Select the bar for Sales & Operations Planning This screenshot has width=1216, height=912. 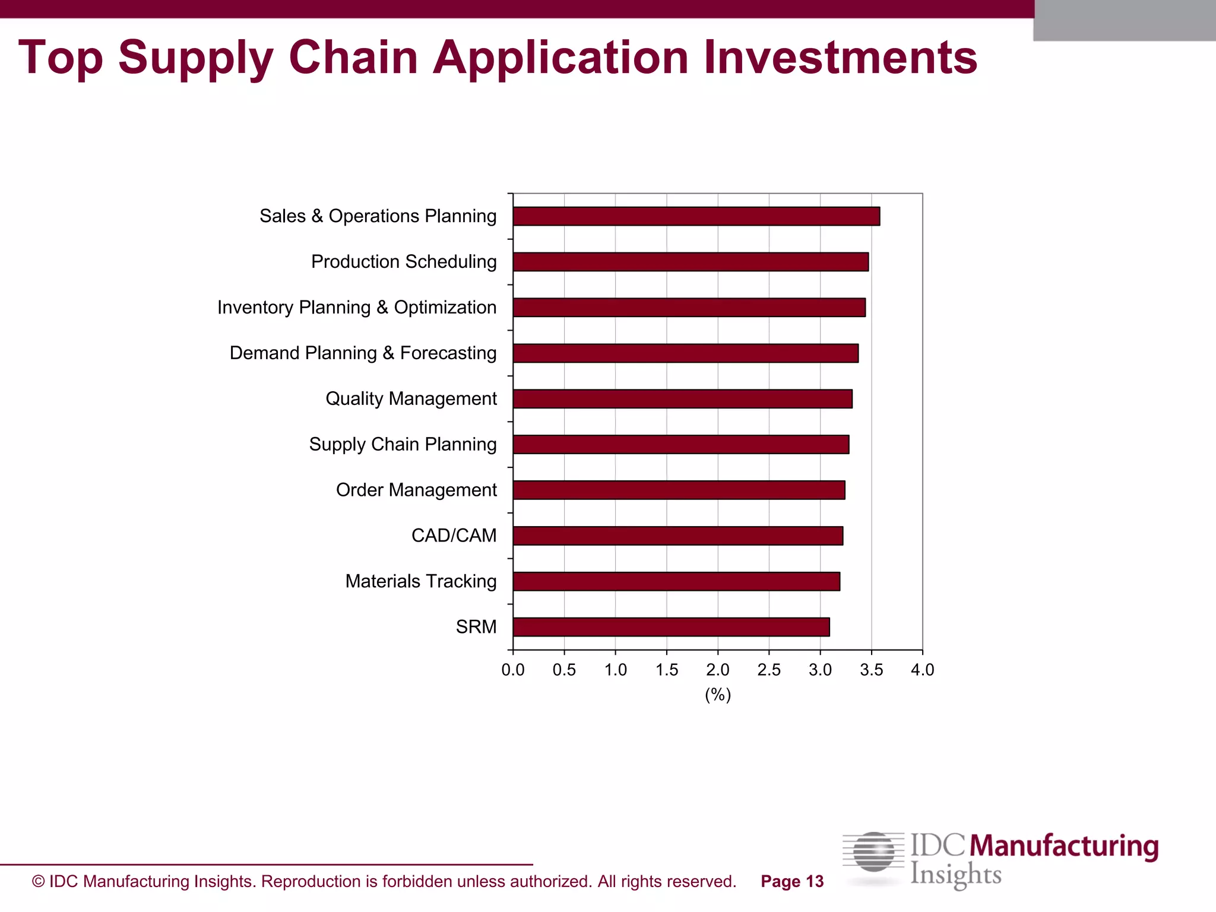click(x=696, y=216)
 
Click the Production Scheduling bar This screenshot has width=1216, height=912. click(x=691, y=262)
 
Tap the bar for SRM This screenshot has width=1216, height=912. click(x=671, y=627)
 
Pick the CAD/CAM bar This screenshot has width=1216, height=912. click(x=677, y=536)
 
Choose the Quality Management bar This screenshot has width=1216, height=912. click(x=682, y=399)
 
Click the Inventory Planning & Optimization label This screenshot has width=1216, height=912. click(x=357, y=308)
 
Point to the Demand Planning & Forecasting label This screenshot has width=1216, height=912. click(x=363, y=353)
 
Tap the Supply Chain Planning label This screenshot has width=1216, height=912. click(x=403, y=444)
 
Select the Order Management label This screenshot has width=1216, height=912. click(x=416, y=490)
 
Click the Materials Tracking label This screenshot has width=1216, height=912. click(x=420, y=581)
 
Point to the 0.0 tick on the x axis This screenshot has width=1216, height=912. click(x=513, y=670)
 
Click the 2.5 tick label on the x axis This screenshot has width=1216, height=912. click(x=769, y=670)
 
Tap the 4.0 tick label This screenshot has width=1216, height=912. click(x=922, y=670)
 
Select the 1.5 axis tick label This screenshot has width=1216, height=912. click(x=667, y=670)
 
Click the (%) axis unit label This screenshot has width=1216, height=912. click(x=718, y=695)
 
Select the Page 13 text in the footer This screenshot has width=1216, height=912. click(x=792, y=882)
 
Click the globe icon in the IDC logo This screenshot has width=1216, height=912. click(x=873, y=853)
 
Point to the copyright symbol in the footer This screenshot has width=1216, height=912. click(x=39, y=882)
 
